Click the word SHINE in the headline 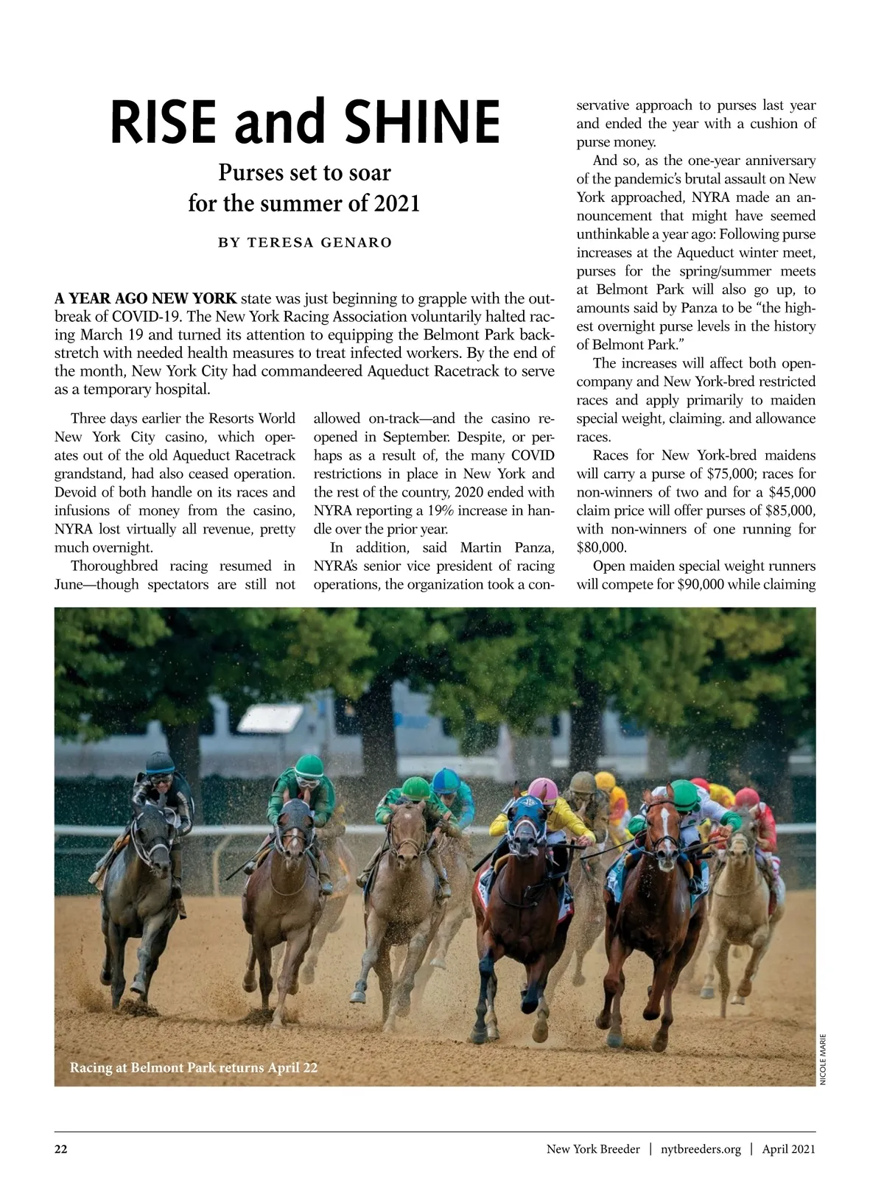414,122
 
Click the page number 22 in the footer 61,1149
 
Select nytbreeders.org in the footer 701,1149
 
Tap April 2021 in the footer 788,1149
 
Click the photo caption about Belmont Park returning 194,1067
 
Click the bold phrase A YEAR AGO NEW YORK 146,299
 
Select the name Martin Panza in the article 507,547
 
